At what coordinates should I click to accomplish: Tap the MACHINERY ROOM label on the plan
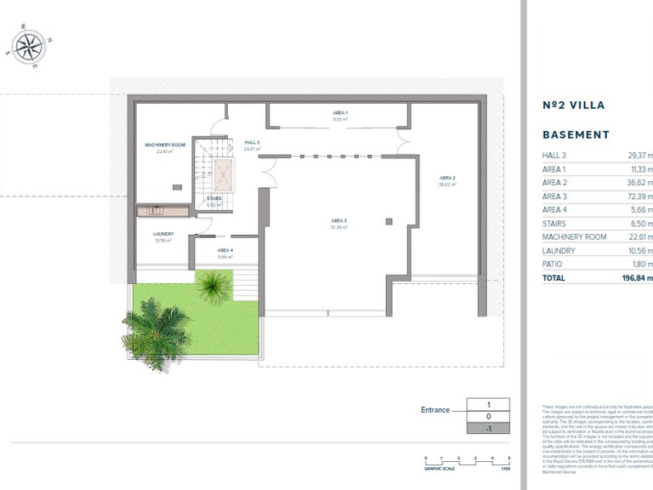click(x=165, y=145)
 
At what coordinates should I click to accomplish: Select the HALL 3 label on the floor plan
click(x=252, y=142)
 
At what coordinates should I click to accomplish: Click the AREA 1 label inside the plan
click(x=340, y=113)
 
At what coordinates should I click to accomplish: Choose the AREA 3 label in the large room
click(x=340, y=221)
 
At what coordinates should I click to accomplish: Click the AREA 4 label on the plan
click(x=224, y=252)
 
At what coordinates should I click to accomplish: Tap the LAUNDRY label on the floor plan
click(x=163, y=234)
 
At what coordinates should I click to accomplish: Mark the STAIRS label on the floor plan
click(x=214, y=198)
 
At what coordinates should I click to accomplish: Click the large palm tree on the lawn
click(x=153, y=332)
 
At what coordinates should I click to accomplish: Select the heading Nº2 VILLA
click(x=573, y=105)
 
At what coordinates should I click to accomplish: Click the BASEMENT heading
click(x=576, y=134)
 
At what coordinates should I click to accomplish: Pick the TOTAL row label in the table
click(x=554, y=277)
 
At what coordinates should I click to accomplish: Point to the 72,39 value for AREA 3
click(x=638, y=197)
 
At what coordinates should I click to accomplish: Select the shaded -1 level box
click(x=488, y=429)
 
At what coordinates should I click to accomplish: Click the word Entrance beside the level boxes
click(x=435, y=410)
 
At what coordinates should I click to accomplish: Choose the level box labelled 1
click(x=488, y=405)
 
